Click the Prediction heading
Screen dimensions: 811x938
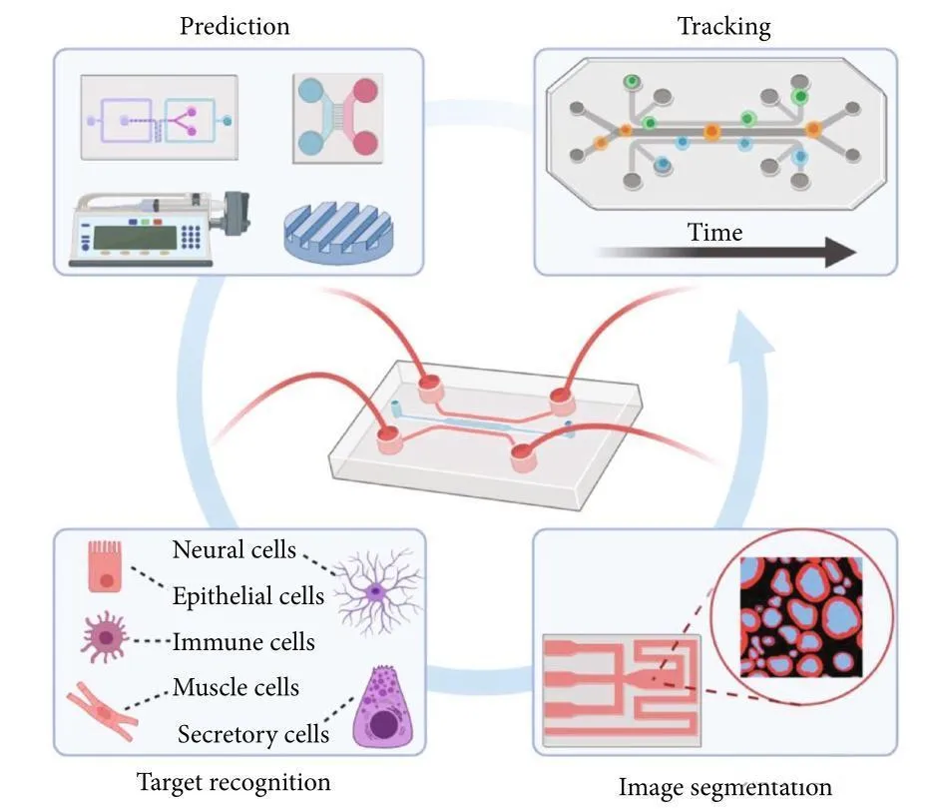tap(234, 25)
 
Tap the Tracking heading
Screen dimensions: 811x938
tap(723, 25)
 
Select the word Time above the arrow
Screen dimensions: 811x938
tap(714, 233)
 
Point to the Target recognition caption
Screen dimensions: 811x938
tap(234, 781)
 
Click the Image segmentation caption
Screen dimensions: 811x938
tap(724, 787)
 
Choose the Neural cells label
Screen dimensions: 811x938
tap(234, 549)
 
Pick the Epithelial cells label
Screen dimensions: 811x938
tap(247, 596)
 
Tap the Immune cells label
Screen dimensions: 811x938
tap(243, 641)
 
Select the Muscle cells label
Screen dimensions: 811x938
tap(235, 687)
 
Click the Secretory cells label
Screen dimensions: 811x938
tap(253, 734)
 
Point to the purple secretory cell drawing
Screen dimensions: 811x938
tap(382, 711)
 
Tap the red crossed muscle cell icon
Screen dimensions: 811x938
tap(103, 708)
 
